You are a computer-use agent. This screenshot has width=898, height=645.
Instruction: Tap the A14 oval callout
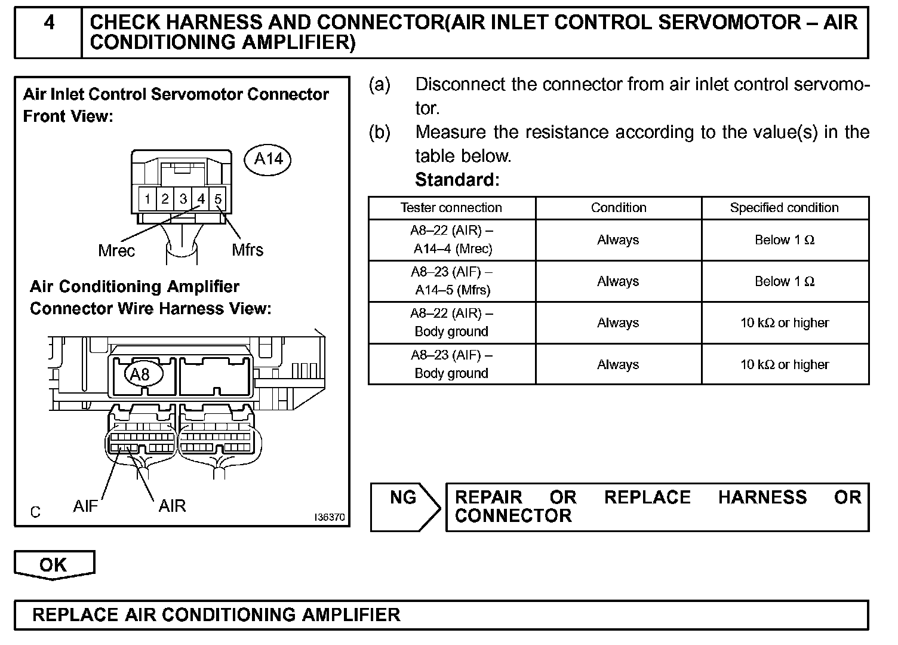tap(268, 159)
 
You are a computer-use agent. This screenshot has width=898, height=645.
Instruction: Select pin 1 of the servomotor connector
tap(147, 198)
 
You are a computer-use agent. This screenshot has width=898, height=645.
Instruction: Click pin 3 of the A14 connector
tap(183, 198)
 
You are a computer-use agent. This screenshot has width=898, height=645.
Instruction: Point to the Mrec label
tap(116, 251)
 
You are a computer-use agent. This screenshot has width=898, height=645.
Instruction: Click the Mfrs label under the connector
tap(247, 250)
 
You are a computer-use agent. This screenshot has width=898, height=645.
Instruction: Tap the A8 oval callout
tap(139, 374)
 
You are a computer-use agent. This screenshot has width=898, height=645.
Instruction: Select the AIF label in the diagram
tap(85, 506)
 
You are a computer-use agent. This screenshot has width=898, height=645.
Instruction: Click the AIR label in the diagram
tap(172, 506)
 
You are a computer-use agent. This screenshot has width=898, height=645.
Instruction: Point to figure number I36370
tap(330, 518)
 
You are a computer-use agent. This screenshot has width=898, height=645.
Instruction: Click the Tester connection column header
tap(451, 208)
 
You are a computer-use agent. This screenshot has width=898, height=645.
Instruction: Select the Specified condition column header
tap(784, 208)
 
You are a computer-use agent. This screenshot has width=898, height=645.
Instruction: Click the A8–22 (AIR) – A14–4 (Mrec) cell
tap(451, 239)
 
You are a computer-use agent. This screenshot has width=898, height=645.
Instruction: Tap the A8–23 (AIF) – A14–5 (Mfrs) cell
tap(451, 281)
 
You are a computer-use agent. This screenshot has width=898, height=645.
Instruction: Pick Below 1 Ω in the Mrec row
tap(784, 240)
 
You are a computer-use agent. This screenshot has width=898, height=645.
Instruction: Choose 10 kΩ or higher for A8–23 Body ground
tap(784, 364)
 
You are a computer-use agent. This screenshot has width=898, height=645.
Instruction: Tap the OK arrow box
tap(54, 565)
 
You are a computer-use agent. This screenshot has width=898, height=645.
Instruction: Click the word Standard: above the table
tap(457, 180)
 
